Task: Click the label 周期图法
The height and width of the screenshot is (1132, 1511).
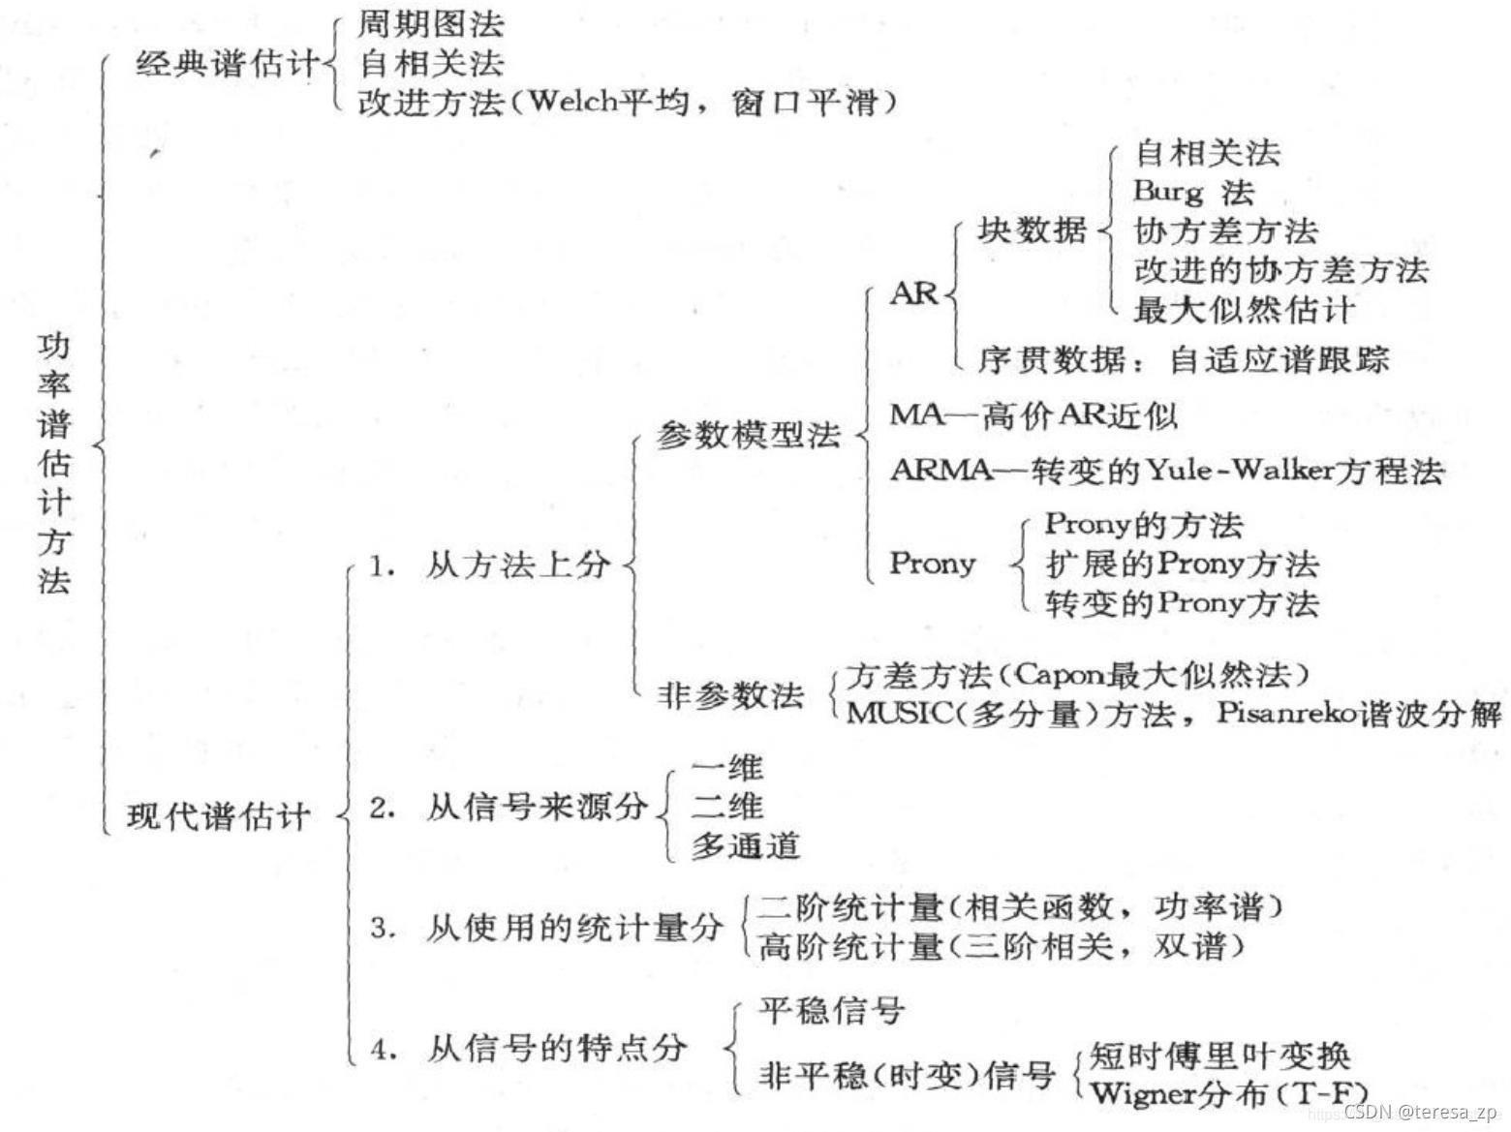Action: coord(431,23)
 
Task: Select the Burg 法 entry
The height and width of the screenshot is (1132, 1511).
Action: coord(1193,191)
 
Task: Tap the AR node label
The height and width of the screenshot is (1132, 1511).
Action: coord(914,292)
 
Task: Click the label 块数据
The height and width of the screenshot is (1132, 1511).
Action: coord(1031,230)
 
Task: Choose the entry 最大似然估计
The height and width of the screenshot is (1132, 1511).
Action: coord(1244,310)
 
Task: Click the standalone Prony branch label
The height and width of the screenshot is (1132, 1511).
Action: coord(932,563)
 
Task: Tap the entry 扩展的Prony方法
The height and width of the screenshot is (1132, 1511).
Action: coord(1182,564)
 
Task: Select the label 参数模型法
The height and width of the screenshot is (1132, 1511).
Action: coord(748,435)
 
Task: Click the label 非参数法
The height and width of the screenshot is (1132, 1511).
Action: coord(730,694)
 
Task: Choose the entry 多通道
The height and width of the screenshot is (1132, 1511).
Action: coord(746,846)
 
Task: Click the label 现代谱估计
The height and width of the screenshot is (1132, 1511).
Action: coord(219,816)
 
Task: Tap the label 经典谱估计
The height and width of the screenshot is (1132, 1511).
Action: coord(227,64)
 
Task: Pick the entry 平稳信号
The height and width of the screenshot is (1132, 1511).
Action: coord(832,1011)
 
